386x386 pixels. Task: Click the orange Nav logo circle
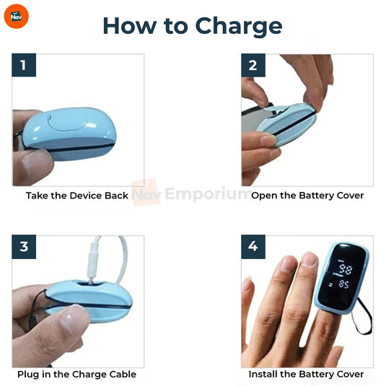click(x=17, y=17)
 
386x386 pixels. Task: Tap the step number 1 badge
click(x=24, y=65)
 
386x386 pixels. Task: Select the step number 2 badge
click(x=253, y=65)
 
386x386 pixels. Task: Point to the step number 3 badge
click(x=24, y=247)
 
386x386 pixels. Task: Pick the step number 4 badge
click(x=253, y=247)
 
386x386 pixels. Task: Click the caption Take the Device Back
click(x=77, y=196)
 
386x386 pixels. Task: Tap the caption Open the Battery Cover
click(x=307, y=196)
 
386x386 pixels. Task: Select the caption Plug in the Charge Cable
click(x=76, y=374)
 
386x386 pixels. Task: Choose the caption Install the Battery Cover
click(x=306, y=374)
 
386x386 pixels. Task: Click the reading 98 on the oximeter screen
click(x=345, y=269)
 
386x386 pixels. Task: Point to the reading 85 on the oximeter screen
click(x=344, y=284)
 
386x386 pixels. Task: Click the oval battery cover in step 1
click(x=68, y=120)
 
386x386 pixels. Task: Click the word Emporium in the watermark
click(x=207, y=194)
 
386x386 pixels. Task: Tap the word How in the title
click(x=130, y=26)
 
